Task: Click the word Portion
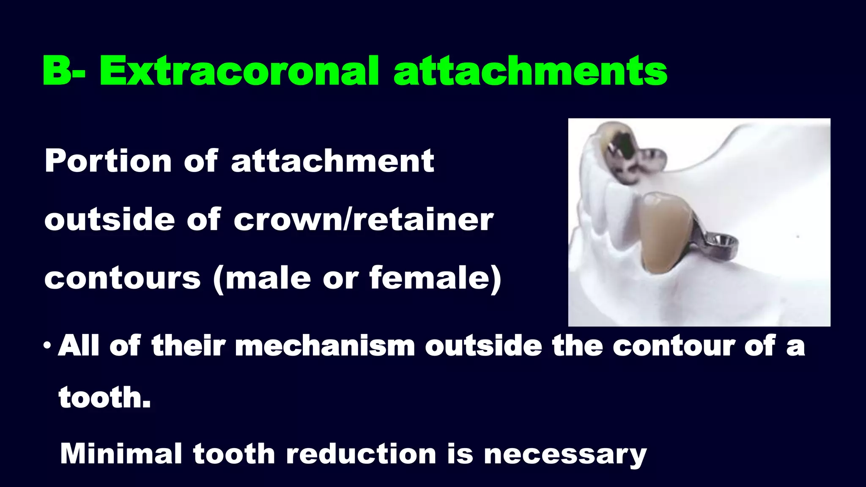(108, 161)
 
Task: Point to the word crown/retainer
(363, 219)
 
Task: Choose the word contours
(122, 278)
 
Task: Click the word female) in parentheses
(435, 278)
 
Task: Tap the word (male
(262, 278)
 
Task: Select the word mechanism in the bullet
(325, 345)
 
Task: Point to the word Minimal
(121, 454)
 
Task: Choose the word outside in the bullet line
(483, 345)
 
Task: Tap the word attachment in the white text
(332, 161)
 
